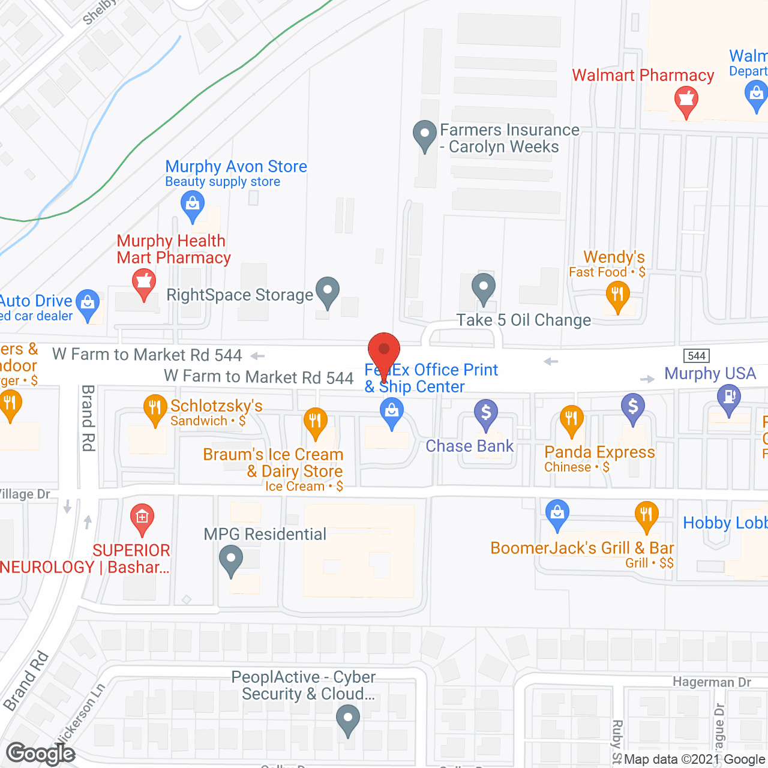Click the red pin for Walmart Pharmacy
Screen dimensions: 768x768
tap(686, 100)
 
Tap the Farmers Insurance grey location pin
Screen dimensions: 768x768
tap(425, 134)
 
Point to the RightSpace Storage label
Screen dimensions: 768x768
tap(239, 295)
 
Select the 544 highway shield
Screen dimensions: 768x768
tap(696, 356)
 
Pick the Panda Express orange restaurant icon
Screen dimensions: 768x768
tap(571, 418)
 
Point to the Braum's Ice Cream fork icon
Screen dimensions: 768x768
tap(315, 421)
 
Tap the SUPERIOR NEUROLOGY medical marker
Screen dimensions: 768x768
tap(142, 517)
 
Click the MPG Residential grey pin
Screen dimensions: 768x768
tap(231, 559)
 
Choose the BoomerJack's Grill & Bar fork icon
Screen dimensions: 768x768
tap(646, 515)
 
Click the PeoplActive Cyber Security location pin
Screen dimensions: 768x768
tap(347, 719)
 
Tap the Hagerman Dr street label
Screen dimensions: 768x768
tap(712, 682)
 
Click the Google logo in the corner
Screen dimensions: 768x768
tap(41, 754)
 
